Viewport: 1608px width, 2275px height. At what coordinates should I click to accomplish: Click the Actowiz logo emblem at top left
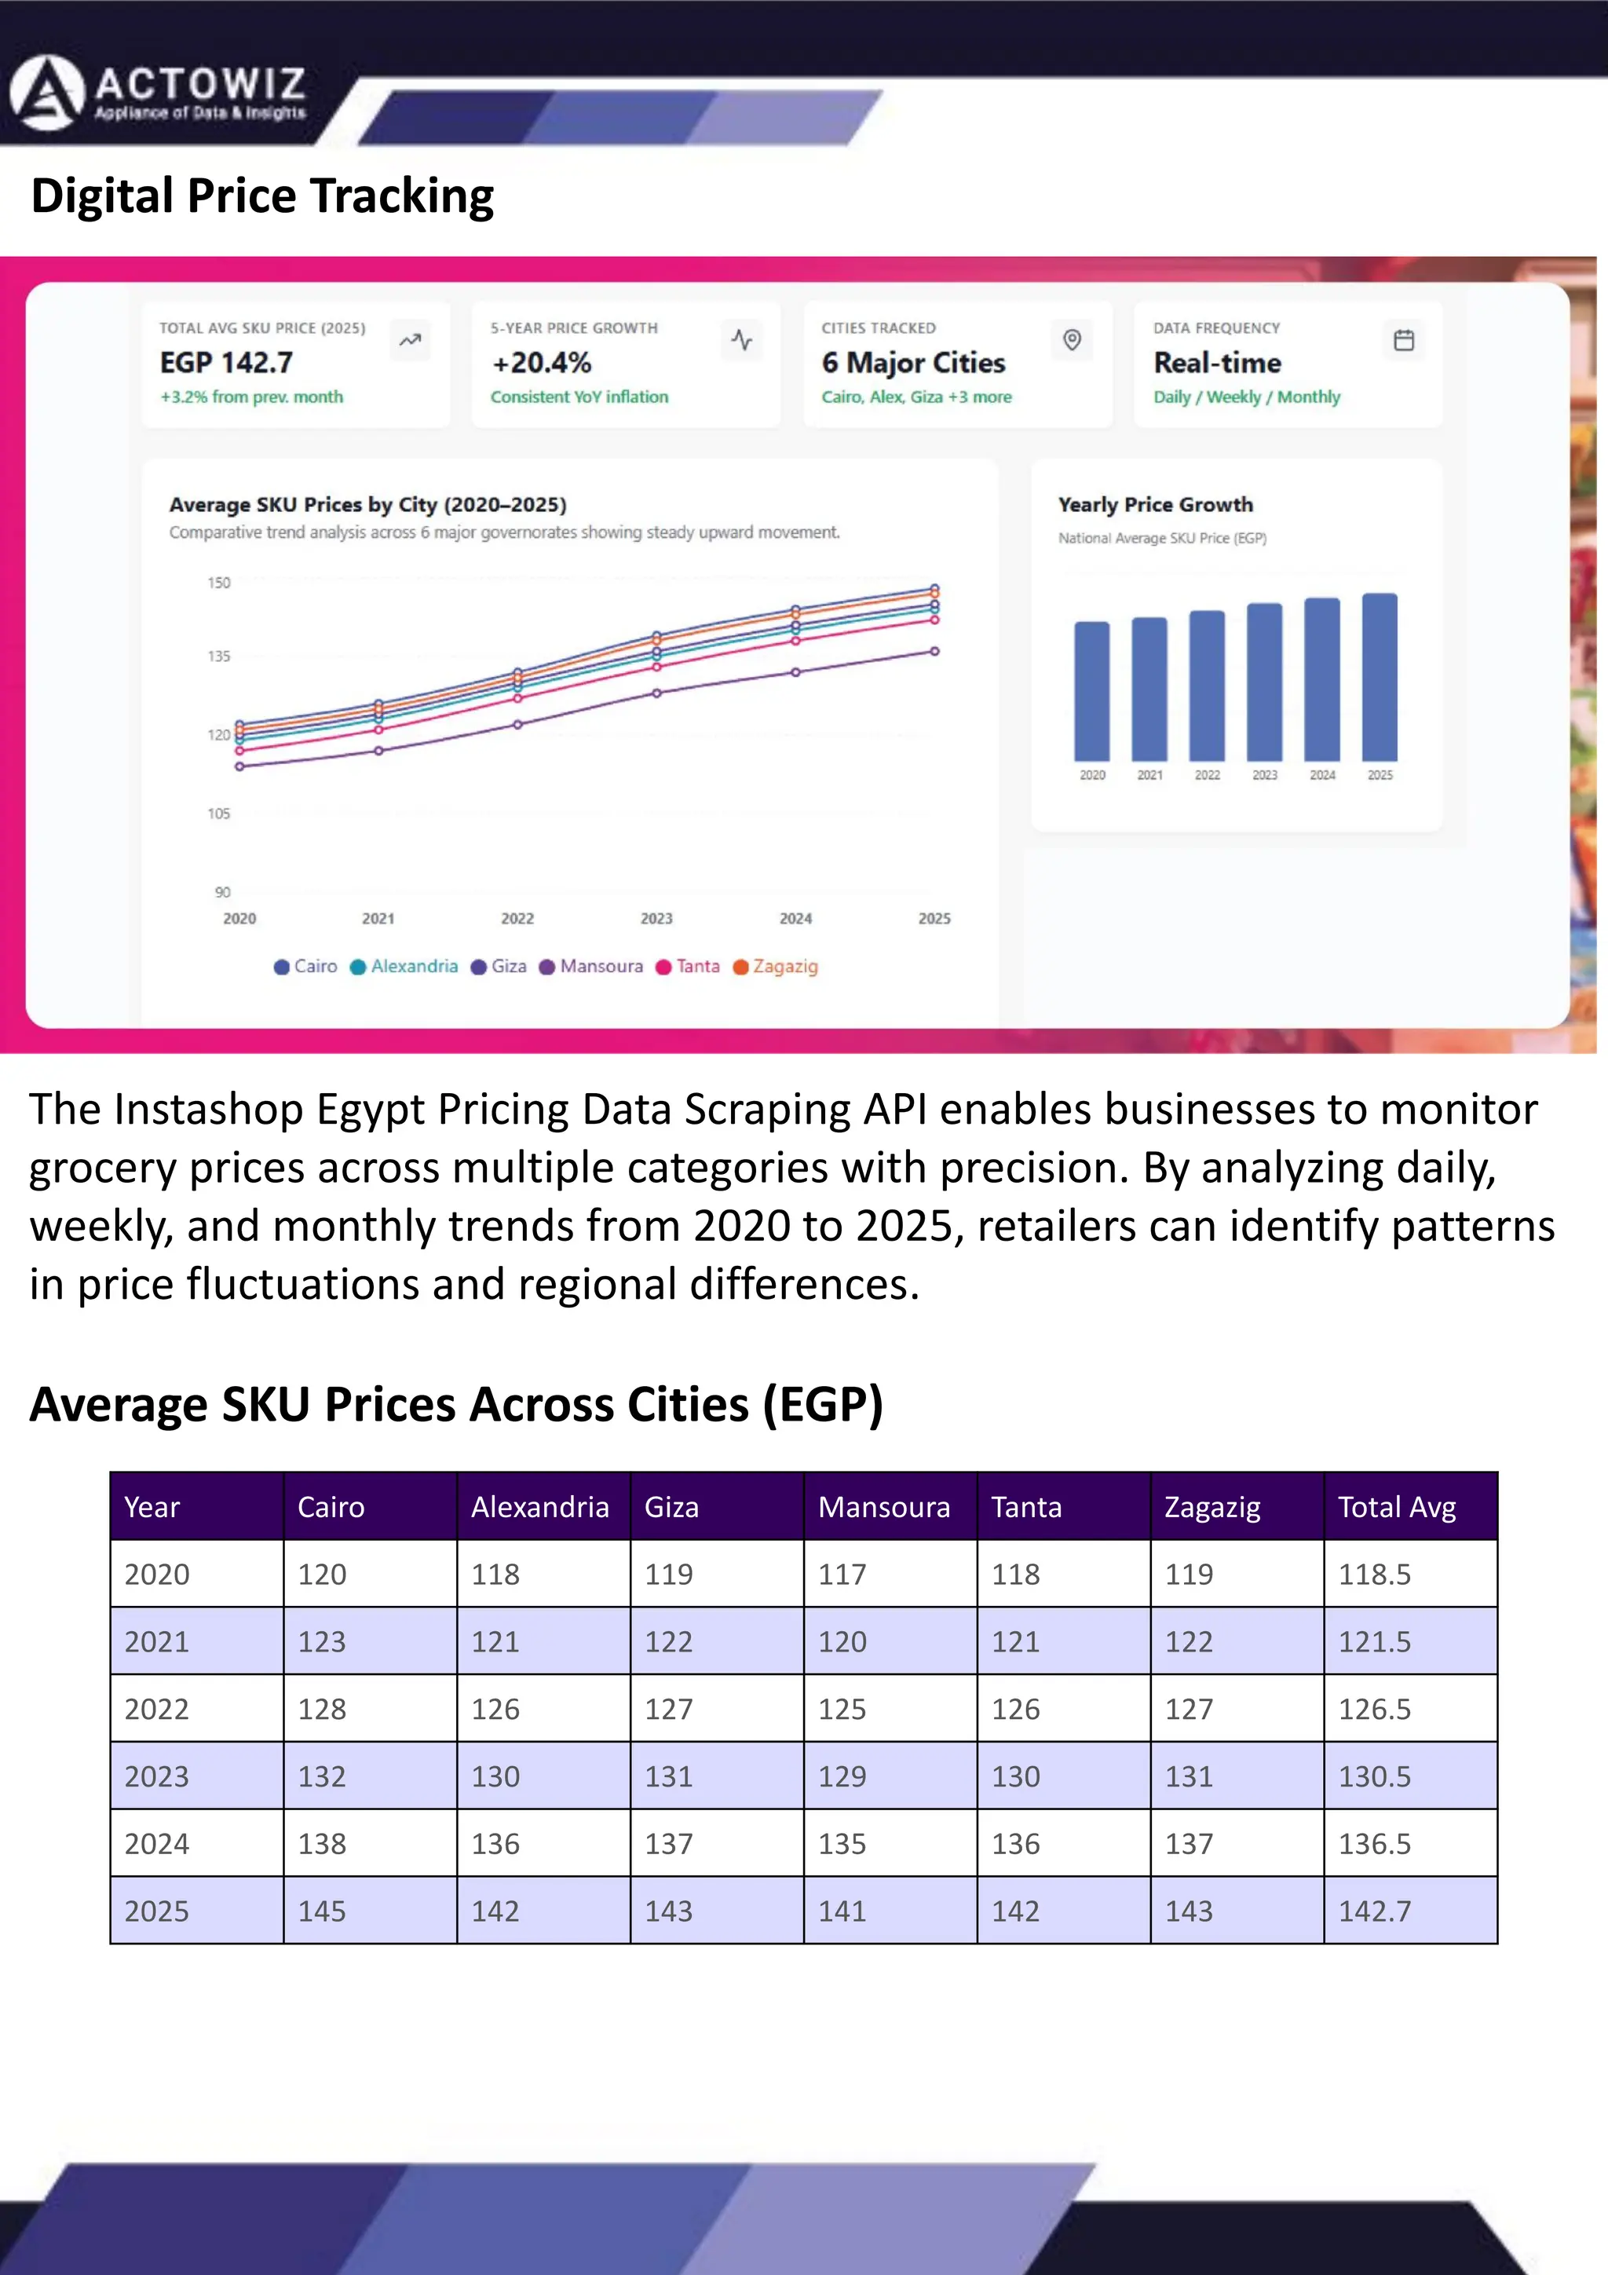(x=46, y=93)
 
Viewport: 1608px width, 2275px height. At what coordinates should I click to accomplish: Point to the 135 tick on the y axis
(x=219, y=656)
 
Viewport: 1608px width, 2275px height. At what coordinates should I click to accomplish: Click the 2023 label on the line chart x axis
(x=656, y=919)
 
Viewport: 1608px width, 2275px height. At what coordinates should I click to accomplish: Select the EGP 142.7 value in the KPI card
(x=227, y=363)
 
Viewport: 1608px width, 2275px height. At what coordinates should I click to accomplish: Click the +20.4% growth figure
(x=542, y=363)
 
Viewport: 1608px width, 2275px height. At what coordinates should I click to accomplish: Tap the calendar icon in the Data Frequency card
(x=1403, y=340)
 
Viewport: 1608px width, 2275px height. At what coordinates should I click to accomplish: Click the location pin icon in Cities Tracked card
(x=1072, y=340)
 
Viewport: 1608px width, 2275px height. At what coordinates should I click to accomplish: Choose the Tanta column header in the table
(x=1026, y=1507)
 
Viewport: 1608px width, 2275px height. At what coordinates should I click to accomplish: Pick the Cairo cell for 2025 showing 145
(x=322, y=1911)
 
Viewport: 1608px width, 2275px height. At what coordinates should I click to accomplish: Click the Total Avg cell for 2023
(x=1374, y=1776)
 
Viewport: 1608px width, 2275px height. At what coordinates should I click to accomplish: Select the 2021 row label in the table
(x=156, y=1642)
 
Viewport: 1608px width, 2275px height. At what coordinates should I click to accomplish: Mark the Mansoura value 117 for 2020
(x=842, y=1575)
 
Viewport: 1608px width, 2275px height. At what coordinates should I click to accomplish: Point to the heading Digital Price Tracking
(x=262, y=196)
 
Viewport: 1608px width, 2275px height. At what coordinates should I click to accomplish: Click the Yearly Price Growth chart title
(x=1155, y=504)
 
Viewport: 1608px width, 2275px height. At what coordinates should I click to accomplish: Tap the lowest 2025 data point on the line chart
(x=934, y=651)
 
